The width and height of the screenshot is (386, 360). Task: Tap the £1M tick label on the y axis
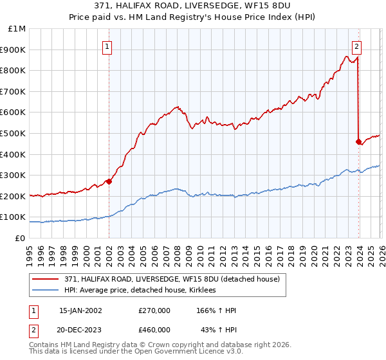pos(17,29)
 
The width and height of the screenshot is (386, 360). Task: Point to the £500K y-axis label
pos(14,133)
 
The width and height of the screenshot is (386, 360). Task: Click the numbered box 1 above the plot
pos(107,46)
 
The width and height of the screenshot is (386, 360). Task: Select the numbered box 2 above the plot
pos(356,46)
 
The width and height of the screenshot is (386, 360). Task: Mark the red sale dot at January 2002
pos(109,181)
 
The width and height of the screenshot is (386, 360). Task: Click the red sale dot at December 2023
pos(358,141)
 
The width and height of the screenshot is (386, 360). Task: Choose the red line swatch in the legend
pos(46,279)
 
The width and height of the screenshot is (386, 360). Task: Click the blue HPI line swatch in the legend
pos(46,291)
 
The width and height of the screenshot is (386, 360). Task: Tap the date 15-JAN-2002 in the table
pos(80,310)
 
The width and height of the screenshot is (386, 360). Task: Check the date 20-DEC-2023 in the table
pos(80,329)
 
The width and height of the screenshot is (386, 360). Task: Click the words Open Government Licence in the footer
pos(170,353)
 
